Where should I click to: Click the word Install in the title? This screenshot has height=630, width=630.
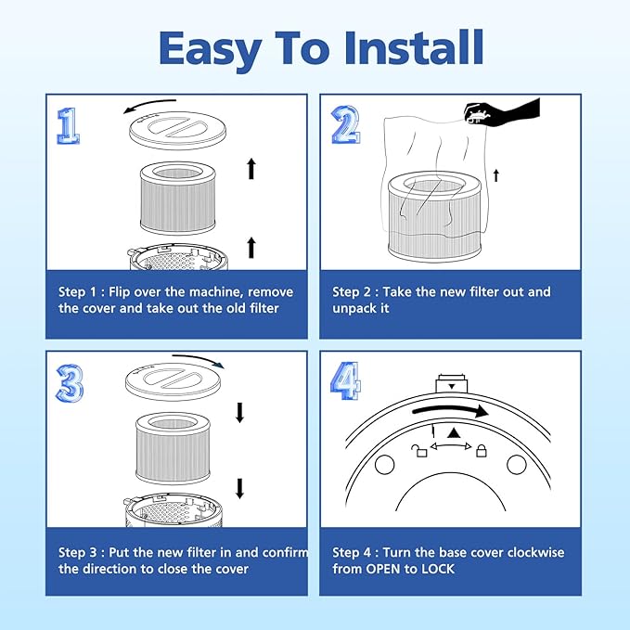tap(414, 47)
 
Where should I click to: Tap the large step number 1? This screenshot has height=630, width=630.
tap(68, 126)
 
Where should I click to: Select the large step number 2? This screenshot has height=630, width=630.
tap(345, 124)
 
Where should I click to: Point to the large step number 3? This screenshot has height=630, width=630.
tap(70, 383)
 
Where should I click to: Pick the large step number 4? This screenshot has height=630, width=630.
tap(345, 380)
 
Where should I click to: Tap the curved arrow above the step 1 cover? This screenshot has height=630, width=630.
tap(149, 105)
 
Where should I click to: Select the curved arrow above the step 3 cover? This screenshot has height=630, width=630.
tap(199, 360)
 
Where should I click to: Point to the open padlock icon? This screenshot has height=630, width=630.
tap(420, 451)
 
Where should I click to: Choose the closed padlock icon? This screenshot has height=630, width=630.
tap(481, 450)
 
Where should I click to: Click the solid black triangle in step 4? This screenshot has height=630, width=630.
tap(453, 432)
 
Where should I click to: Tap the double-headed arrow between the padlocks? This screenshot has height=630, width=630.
tap(451, 446)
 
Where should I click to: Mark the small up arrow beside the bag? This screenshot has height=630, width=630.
tap(496, 175)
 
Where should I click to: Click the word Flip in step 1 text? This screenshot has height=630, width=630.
tap(120, 291)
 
